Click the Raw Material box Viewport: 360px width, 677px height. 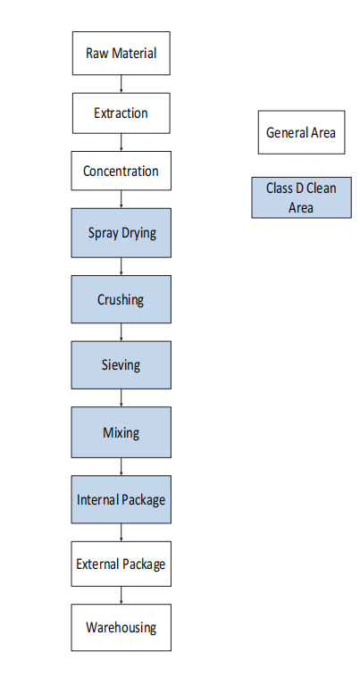(121, 53)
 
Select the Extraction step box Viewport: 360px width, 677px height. (121, 113)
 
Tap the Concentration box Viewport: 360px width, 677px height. (121, 171)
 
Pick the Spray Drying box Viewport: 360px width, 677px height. (121, 233)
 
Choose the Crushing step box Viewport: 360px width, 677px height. (121, 299)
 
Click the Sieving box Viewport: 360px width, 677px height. (121, 364)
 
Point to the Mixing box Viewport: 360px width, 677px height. (121, 432)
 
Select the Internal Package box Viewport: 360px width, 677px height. (121, 499)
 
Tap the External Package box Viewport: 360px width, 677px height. (121, 564)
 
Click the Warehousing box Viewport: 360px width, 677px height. (121, 627)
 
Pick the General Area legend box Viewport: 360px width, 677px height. (302, 132)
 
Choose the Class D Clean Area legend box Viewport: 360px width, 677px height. (302, 197)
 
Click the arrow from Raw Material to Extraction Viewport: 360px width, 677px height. (121, 84)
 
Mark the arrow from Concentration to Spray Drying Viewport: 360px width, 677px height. (121, 199)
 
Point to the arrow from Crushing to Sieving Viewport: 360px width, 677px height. (121, 332)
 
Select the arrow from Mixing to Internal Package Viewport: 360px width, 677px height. (121, 466)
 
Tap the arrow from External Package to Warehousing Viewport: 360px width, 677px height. (121, 595)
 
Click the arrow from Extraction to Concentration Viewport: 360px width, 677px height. (121, 142)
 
